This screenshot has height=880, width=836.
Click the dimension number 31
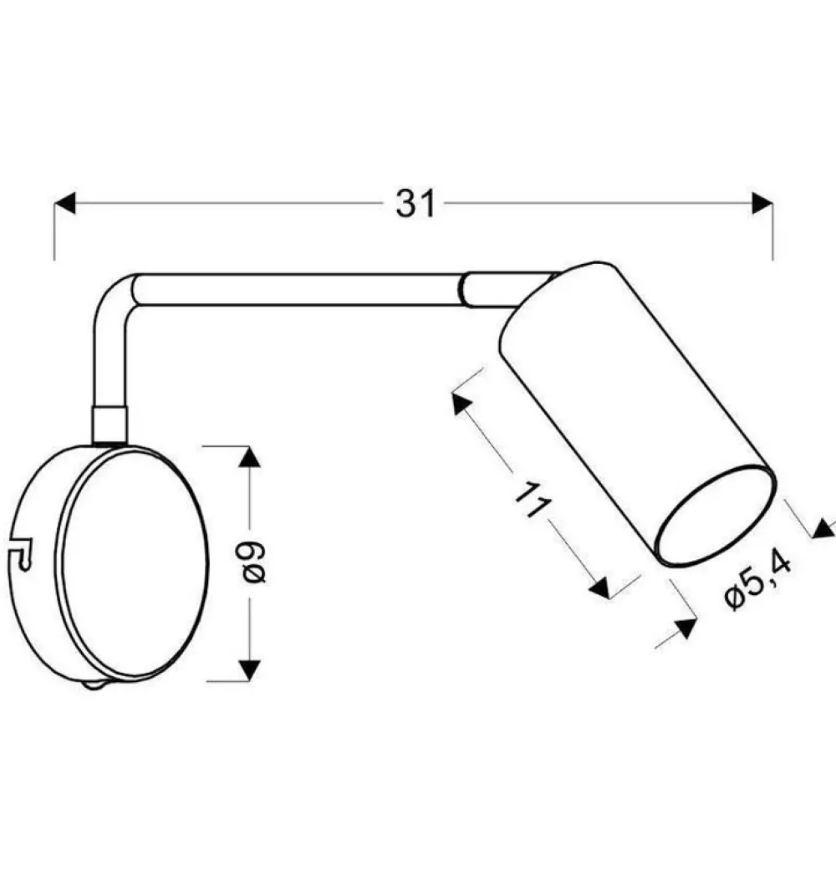[x=415, y=203]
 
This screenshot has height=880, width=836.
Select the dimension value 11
[x=533, y=503]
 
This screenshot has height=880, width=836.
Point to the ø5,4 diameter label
[x=758, y=582]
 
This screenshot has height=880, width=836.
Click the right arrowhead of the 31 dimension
[x=762, y=203]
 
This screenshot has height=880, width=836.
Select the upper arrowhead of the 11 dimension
[x=460, y=404]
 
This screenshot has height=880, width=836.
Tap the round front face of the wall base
[x=134, y=563]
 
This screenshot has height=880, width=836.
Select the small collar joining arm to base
[x=110, y=424]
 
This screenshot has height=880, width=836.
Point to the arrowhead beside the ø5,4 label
[x=687, y=628]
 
